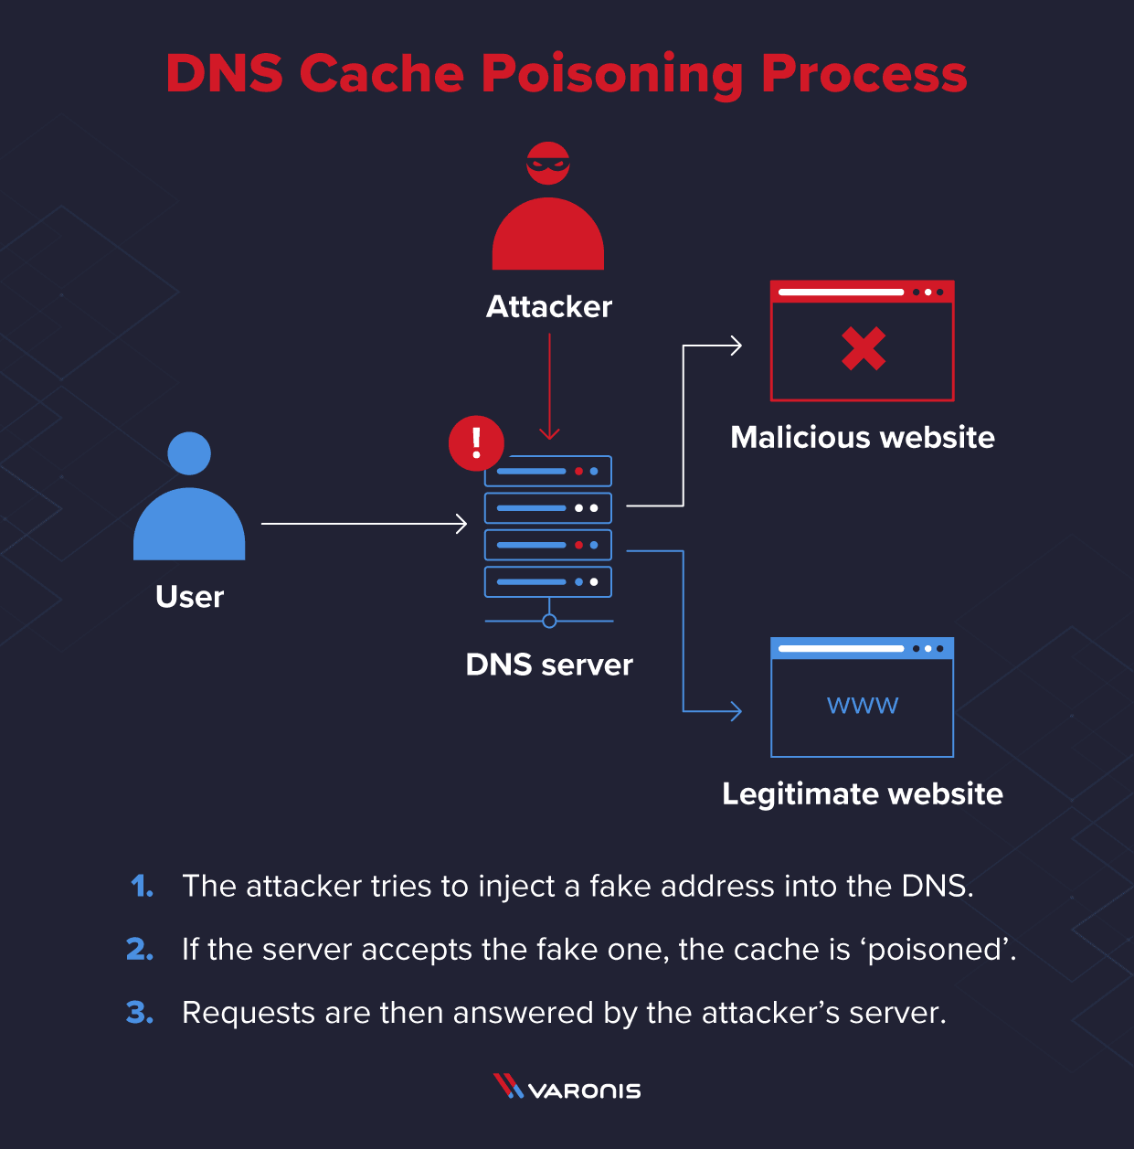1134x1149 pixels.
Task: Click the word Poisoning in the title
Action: [x=611, y=75]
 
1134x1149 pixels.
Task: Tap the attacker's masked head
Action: [x=548, y=164]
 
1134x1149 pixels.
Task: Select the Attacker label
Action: [x=549, y=307]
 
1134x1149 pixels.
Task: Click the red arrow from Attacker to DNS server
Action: [x=549, y=384]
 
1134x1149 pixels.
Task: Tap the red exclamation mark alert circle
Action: [x=476, y=443]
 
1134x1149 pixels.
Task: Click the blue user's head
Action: [x=189, y=453]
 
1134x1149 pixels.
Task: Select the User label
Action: [x=189, y=597]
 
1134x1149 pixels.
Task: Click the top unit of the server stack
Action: [x=547, y=472]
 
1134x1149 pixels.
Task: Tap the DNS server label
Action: [x=549, y=665]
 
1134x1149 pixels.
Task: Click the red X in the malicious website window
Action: [x=864, y=348]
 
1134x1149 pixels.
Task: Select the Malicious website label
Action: [x=863, y=438]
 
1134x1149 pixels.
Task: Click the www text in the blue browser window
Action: [x=863, y=705]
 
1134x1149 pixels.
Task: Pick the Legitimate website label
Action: [x=863, y=794]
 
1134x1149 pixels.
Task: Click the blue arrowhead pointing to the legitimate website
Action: [x=736, y=710]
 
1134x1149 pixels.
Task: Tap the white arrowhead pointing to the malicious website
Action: [x=736, y=346]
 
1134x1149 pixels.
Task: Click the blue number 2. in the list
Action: [x=140, y=950]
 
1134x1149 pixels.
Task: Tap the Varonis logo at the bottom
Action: [x=567, y=1089]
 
